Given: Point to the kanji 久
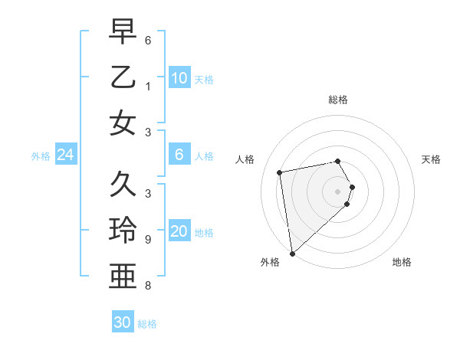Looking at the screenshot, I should (123, 184).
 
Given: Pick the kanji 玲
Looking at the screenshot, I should (123, 230).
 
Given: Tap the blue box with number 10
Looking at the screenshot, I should (179, 78).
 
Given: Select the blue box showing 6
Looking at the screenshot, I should (179, 155).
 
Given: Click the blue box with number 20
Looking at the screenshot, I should (179, 231).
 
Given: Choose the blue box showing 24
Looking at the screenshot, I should (66, 155).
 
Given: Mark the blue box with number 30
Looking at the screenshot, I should (123, 322).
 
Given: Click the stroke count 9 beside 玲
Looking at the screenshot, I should (147, 239).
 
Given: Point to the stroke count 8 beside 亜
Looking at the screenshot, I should (147, 286).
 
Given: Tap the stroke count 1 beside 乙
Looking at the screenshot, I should (147, 87).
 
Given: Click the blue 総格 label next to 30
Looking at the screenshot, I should (147, 324).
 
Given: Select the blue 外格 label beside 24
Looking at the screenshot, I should (41, 156).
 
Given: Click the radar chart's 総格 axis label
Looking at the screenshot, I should (338, 100).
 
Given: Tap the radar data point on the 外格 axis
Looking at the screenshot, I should (292, 253).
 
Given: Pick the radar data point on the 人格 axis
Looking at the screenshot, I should (280, 172).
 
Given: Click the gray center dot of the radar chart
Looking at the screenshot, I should (338, 191).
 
